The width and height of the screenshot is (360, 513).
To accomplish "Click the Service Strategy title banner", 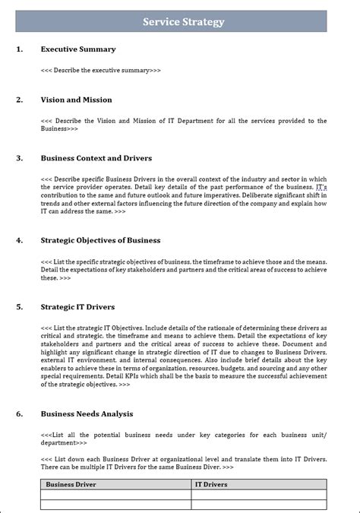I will tap(183, 22).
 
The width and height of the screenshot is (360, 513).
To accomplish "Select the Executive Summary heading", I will tap(78, 49).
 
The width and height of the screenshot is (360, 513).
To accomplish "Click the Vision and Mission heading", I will tap(76, 100).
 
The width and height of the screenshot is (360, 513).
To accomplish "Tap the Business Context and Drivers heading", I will tap(96, 158).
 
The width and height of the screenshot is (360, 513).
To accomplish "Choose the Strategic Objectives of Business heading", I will tap(100, 240).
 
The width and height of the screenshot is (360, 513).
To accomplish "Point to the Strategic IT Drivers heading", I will tap(77, 307).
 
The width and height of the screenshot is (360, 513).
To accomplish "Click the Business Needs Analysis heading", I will tap(87, 413).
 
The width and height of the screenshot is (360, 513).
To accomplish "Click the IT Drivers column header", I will tap(211, 484).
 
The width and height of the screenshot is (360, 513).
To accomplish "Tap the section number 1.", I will tap(19, 49).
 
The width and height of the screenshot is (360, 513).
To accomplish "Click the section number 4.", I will tap(19, 240).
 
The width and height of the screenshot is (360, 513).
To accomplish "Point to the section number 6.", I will tap(19, 413).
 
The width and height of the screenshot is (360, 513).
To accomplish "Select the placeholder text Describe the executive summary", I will tap(101, 70).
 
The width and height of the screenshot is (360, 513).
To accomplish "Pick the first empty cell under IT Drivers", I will tap(259, 494).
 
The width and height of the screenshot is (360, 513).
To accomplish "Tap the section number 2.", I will tap(19, 100).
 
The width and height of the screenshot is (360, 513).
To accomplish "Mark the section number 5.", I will tap(19, 307).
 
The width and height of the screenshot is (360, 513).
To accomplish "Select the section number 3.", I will tap(19, 158).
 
